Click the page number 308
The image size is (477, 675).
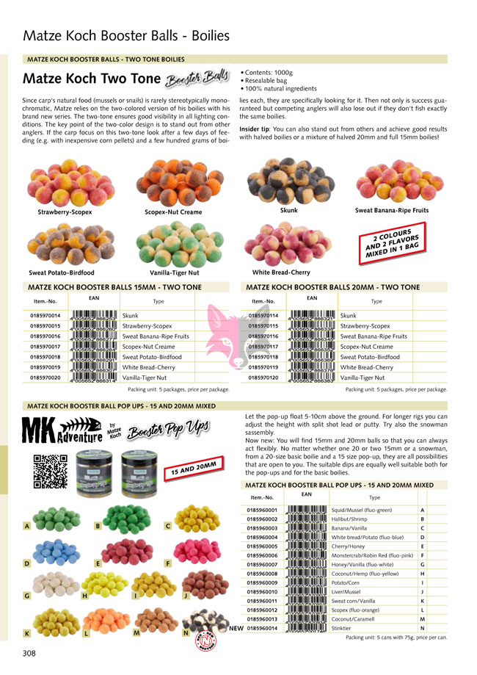[x=29, y=652]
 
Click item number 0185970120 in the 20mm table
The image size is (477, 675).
[x=263, y=378]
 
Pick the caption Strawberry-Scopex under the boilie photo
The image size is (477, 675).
[x=65, y=212]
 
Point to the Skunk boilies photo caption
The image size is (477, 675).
[x=289, y=210]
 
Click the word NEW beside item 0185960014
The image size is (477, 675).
[x=236, y=629]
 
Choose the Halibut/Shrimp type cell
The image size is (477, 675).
[x=350, y=519]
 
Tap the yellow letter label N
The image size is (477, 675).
[x=186, y=632]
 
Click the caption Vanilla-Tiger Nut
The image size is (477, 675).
[x=170, y=272]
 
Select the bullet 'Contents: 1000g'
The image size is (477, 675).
[x=269, y=73]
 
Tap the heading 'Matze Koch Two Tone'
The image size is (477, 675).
[x=91, y=79]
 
